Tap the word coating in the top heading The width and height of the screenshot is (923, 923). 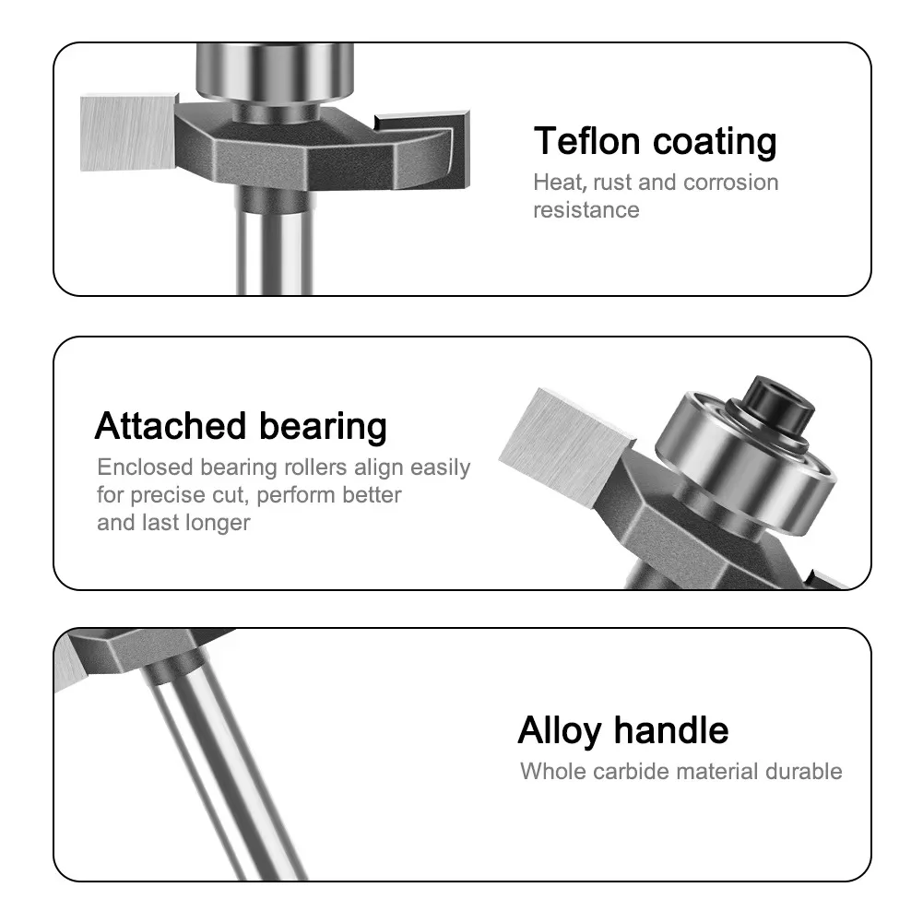tap(715, 142)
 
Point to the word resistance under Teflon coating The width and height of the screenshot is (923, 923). tap(586, 210)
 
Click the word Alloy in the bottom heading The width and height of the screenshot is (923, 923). tap(559, 730)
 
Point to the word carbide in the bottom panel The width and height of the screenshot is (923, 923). tap(641, 771)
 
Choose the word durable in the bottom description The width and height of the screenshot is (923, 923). tap(803, 771)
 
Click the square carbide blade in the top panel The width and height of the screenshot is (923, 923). tap(127, 130)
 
